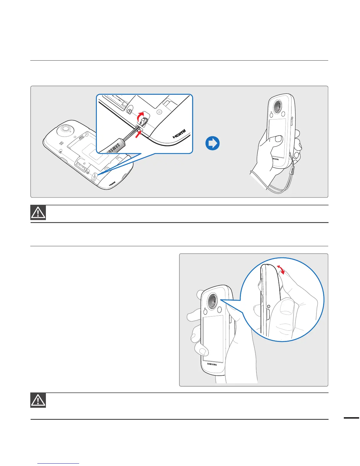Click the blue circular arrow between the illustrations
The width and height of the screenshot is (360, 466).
pyautogui.click(x=212, y=144)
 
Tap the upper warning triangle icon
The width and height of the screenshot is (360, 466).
pyautogui.click(x=38, y=212)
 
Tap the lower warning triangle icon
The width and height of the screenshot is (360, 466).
pyautogui.click(x=38, y=400)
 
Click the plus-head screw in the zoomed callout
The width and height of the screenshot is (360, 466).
pyautogui.click(x=129, y=111)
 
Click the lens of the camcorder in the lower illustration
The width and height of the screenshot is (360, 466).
pyautogui.click(x=212, y=302)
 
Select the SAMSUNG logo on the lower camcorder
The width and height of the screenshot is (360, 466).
pyautogui.click(x=212, y=364)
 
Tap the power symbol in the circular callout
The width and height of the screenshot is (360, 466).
pyautogui.click(x=269, y=306)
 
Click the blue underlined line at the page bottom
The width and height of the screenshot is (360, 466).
pyautogui.click(x=59, y=464)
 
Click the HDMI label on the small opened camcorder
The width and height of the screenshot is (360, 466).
pyautogui.click(x=112, y=184)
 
